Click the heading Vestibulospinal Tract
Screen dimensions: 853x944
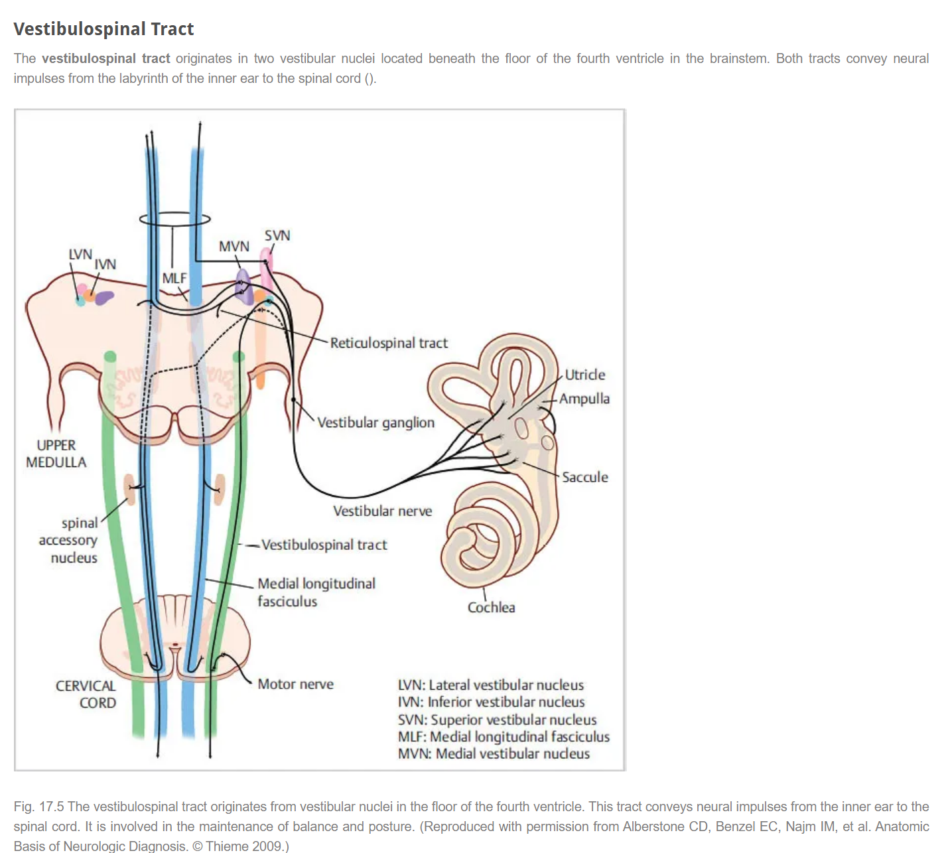tap(103, 29)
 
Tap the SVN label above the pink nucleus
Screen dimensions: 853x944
tap(277, 235)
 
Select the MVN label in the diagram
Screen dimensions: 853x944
tap(234, 247)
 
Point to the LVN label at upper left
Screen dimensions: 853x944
tap(80, 255)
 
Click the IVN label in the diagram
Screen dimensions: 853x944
tap(105, 265)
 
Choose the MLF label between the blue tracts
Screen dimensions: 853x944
tap(174, 279)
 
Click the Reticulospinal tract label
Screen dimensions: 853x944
tap(389, 343)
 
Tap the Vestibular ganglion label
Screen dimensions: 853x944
tap(375, 423)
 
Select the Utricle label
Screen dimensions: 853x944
tap(585, 375)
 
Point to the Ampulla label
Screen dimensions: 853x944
tap(584, 399)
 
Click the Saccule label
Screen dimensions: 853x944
tap(585, 477)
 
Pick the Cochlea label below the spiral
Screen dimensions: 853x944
tap(491, 608)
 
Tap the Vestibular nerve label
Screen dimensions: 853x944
tap(382, 511)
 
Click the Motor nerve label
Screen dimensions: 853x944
tap(296, 684)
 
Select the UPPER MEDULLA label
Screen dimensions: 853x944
tap(56, 454)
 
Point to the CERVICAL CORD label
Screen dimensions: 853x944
tap(86, 694)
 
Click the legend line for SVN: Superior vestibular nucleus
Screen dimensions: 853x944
tap(497, 720)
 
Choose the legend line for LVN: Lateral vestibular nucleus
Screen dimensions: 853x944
tap(491, 685)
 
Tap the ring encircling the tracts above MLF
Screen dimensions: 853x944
tap(175, 219)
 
